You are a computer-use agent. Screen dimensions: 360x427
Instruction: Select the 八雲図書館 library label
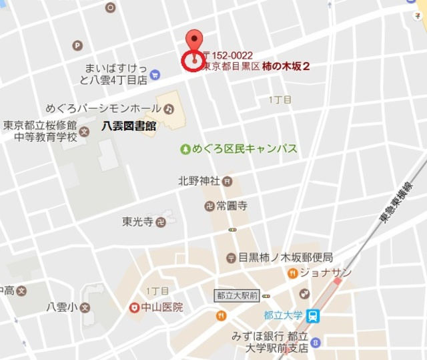(x=129, y=125)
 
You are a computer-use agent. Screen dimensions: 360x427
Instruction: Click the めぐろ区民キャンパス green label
(x=245, y=150)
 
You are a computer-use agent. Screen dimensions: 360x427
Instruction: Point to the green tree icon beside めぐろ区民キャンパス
(x=185, y=150)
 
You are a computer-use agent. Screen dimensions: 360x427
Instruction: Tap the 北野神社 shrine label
(x=198, y=180)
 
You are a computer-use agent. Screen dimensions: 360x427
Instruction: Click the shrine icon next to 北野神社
(x=227, y=181)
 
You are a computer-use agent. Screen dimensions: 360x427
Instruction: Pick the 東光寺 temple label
(x=138, y=221)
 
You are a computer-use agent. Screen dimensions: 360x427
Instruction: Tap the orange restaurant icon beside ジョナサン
(x=292, y=273)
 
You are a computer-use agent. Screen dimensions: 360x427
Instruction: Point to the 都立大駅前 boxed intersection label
(x=237, y=295)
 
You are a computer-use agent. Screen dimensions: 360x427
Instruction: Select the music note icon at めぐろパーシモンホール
(x=169, y=108)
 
